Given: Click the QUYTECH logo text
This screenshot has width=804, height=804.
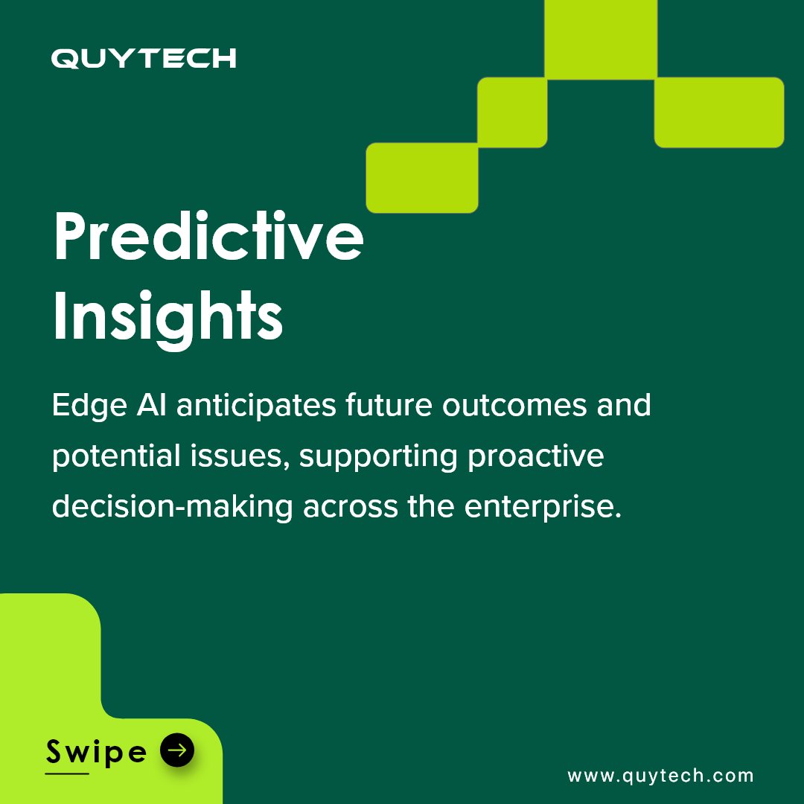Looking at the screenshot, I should click(144, 59).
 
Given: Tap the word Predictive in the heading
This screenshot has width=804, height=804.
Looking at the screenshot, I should click(208, 237).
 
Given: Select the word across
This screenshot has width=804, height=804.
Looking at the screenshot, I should click(349, 507).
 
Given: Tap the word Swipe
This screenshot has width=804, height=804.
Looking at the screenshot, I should click(96, 753).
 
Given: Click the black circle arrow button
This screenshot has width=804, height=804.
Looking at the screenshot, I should click(177, 751).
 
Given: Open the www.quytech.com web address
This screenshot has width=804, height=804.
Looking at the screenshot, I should click(660, 776).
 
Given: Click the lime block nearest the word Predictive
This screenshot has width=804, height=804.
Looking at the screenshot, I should click(422, 178).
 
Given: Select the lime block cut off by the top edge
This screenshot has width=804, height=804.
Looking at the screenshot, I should click(600, 39).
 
